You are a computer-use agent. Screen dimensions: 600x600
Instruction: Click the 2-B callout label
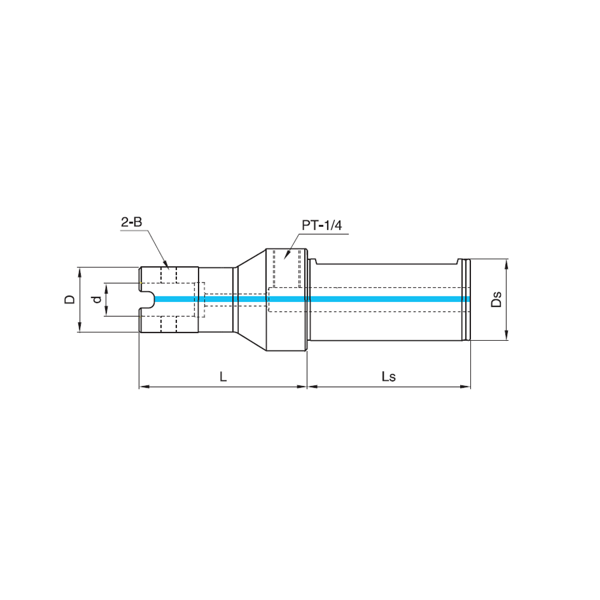coord(131,222)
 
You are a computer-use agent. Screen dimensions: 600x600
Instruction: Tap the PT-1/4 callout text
coord(322,226)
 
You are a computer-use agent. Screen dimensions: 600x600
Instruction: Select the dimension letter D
coord(70,299)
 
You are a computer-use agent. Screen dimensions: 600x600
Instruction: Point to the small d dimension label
coord(98,299)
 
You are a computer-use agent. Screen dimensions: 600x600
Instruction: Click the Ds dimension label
coord(496,299)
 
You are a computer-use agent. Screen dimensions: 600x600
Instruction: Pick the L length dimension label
coord(223,377)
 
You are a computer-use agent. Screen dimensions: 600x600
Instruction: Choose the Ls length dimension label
coord(388,377)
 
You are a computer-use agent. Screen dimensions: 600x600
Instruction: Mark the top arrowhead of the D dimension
coord(80,272)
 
